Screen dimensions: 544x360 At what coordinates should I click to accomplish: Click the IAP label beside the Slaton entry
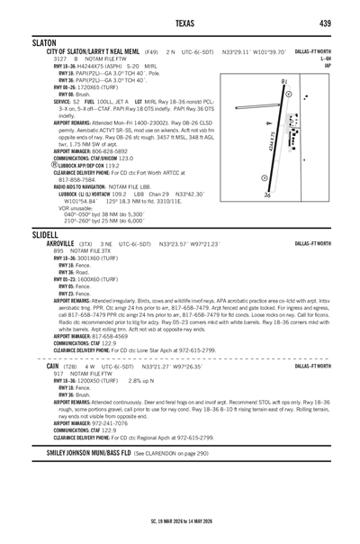328,66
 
